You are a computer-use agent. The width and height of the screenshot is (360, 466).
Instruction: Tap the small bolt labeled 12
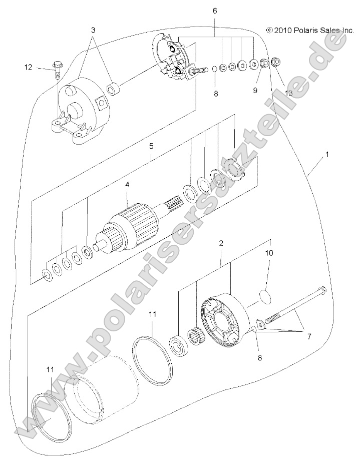point(56,68)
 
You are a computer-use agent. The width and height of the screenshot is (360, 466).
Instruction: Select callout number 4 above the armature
point(127,184)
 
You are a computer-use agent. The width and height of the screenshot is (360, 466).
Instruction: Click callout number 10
point(269,253)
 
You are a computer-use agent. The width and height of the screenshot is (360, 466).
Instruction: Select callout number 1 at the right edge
point(326,155)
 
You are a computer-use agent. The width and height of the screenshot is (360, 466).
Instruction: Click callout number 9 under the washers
point(255,91)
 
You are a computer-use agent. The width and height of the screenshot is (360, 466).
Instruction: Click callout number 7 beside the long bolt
point(308,337)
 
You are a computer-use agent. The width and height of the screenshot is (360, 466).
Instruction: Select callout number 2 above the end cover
point(221,243)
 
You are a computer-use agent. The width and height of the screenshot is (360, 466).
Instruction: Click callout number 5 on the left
point(151,146)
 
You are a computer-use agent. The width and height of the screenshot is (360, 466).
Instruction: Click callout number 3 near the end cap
point(93,30)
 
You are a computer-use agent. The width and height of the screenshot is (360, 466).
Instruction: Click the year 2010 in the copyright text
point(282,31)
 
